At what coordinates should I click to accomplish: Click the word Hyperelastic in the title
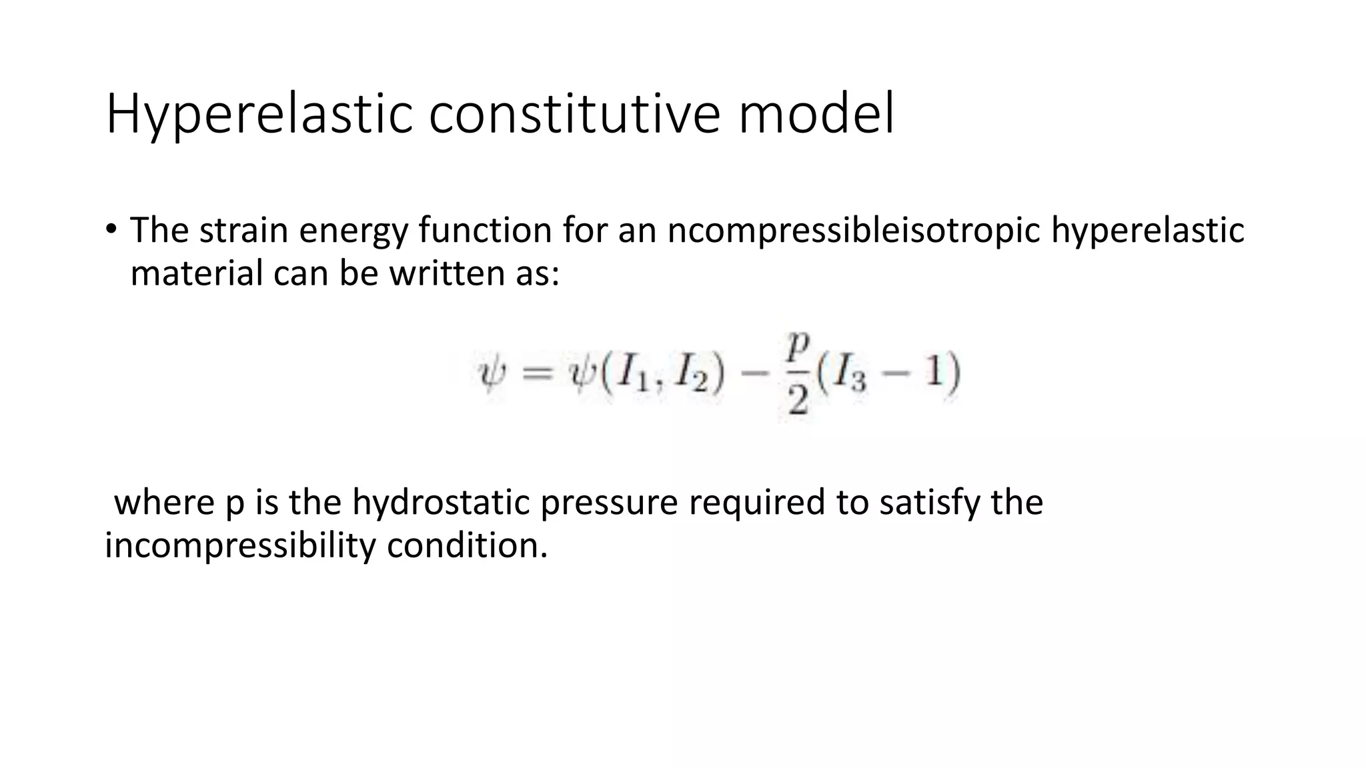click(x=259, y=115)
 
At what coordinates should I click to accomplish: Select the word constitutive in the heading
click(x=574, y=115)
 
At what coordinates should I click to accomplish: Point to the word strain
click(x=243, y=230)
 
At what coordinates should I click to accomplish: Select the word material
click(x=197, y=273)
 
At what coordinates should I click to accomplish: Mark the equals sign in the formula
click(x=537, y=373)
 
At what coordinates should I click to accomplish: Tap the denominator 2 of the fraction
click(x=798, y=399)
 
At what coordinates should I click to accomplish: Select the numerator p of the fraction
click(x=798, y=345)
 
